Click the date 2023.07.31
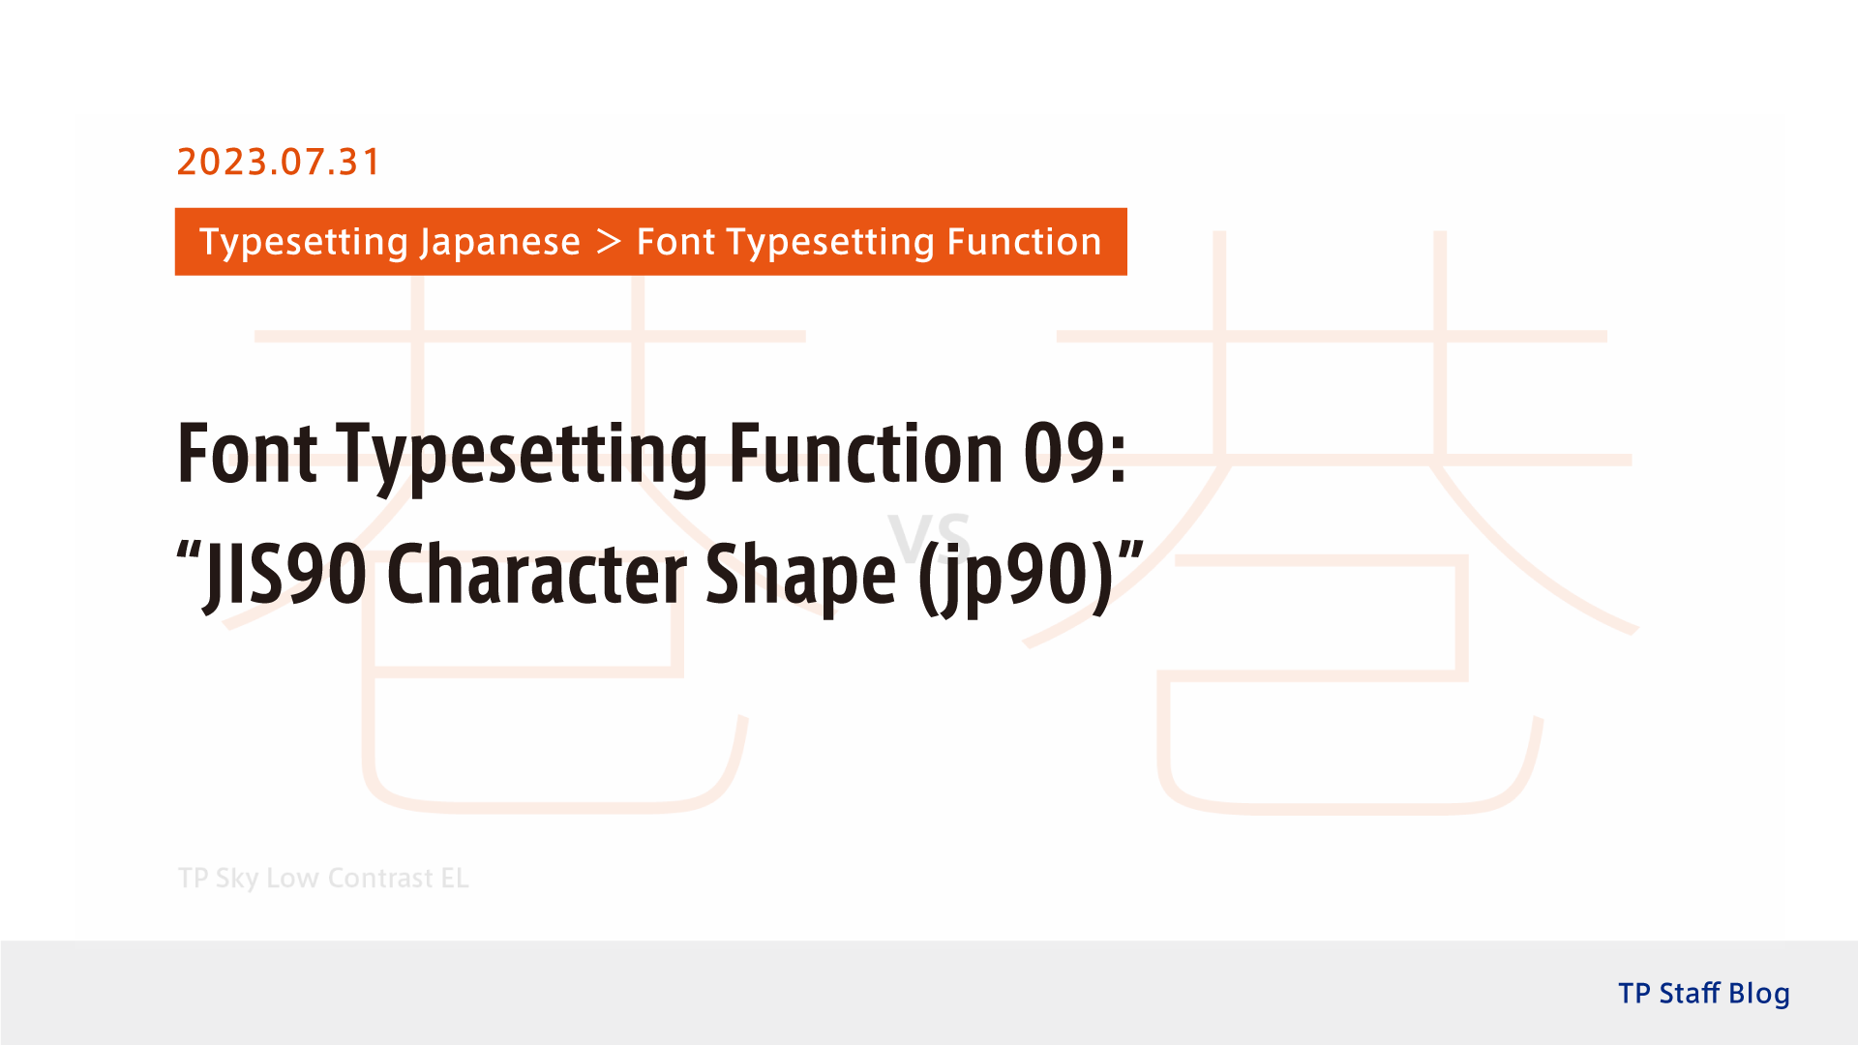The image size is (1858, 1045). point(278,162)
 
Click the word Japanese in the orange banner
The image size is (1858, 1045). point(499,242)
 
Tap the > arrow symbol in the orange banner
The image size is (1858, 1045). point(608,241)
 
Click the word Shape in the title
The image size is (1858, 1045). point(800,576)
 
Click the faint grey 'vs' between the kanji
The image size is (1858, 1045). point(929,538)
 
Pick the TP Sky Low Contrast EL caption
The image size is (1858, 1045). point(323,878)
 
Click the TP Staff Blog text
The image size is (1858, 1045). point(1703,994)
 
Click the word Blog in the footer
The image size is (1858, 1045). point(1758,994)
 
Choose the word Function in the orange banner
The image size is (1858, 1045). point(1024,242)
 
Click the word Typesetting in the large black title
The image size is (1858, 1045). point(523,455)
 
